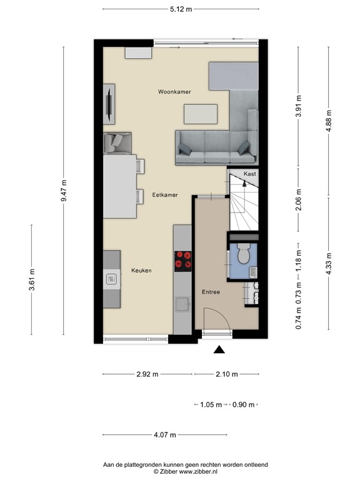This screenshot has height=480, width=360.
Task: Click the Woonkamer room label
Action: (174, 91)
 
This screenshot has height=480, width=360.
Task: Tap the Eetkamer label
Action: (165, 195)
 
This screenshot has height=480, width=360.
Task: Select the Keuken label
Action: (141, 270)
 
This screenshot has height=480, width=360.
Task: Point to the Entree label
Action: (211, 292)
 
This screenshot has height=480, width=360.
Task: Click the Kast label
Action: (250, 174)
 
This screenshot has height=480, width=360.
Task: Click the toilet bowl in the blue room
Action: (244, 254)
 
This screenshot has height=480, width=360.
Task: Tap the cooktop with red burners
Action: (182, 261)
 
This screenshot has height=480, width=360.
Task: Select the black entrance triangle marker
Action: (219, 349)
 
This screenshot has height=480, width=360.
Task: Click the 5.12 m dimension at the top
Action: (181, 9)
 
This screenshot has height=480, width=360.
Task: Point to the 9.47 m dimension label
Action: (64, 191)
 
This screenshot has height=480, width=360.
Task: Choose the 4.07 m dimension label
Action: (165, 435)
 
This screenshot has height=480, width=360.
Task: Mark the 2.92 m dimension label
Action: (147, 374)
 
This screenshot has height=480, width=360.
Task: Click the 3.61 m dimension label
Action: (32, 279)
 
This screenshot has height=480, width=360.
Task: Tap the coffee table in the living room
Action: (201, 114)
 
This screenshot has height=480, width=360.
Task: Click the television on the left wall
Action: (109, 104)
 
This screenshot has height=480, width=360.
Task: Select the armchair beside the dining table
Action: (117, 143)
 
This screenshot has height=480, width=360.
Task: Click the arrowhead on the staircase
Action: (244, 183)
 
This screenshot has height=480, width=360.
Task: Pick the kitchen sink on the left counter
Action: (111, 279)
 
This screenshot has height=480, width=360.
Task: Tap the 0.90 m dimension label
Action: (243, 405)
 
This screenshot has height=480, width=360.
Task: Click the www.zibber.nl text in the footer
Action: (198, 471)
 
